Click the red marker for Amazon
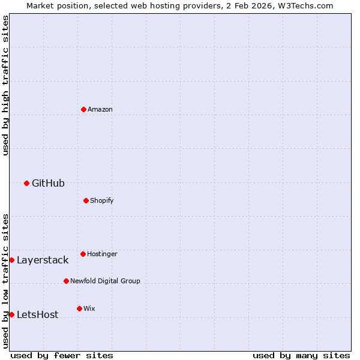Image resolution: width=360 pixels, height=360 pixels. click(83, 109)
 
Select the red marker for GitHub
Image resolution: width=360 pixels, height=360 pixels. click(26, 183)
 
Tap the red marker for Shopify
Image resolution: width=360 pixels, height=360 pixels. click(86, 200)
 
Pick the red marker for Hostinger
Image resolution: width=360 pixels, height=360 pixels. click(83, 254)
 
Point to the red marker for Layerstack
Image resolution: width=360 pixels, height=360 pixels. click(11, 260)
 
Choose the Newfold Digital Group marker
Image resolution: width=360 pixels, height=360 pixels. click(66, 281)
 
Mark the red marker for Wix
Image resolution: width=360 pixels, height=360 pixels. click(79, 308)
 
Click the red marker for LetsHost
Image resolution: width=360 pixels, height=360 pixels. click(11, 314)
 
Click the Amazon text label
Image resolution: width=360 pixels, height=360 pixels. click(100, 109)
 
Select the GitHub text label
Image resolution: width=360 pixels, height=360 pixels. click(48, 183)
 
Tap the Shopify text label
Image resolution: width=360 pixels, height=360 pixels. click(102, 200)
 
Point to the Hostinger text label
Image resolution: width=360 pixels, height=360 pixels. click(102, 254)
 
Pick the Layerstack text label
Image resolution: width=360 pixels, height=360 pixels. click(43, 260)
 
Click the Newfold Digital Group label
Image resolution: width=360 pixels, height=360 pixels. click(105, 281)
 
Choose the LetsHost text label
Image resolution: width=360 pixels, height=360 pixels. click(37, 314)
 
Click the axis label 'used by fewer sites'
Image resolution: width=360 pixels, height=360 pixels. click(62, 355)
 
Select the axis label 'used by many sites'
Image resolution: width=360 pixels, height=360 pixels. click(301, 355)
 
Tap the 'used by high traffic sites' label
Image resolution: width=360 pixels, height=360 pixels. click(5, 85)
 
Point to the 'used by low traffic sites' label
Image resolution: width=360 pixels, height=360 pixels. click(5, 281)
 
